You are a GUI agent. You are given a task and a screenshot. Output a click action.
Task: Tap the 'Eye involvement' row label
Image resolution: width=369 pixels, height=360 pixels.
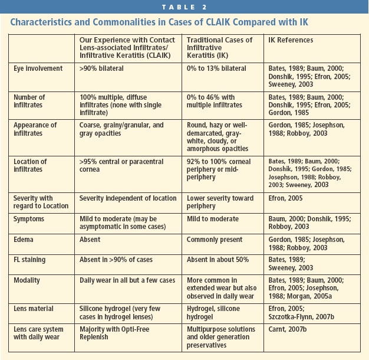click(38, 69)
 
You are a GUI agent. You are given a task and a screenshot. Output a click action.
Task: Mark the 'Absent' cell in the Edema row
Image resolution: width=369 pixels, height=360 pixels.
click(90, 240)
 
